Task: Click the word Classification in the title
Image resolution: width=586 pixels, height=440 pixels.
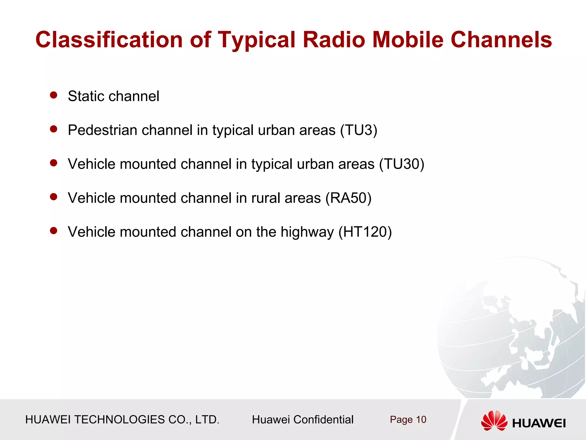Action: tap(109, 40)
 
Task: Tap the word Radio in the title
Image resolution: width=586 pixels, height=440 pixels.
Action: tap(334, 40)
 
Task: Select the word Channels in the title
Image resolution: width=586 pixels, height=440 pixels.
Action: tap(501, 40)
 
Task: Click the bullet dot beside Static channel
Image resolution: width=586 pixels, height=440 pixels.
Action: tap(54, 95)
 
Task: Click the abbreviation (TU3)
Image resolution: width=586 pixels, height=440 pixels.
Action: tap(359, 130)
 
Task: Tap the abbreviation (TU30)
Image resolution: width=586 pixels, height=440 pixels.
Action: tap(402, 164)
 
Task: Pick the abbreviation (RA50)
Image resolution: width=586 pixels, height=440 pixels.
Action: tap(349, 198)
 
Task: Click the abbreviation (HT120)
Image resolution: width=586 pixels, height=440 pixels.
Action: tap(365, 232)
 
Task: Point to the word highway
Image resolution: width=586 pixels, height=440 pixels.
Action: tap(307, 232)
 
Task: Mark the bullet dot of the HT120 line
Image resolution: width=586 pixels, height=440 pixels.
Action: tap(54, 231)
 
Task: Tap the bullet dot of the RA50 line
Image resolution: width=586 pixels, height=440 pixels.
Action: tap(54, 197)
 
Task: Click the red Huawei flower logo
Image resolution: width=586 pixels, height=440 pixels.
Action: tap(494, 421)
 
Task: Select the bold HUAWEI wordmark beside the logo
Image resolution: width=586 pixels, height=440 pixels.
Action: tap(539, 423)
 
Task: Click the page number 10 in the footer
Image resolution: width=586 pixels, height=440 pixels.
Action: tap(421, 420)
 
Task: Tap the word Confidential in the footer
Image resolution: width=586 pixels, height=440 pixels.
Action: tap(323, 420)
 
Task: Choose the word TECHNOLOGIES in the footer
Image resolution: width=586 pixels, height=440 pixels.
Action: tap(119, 420)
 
